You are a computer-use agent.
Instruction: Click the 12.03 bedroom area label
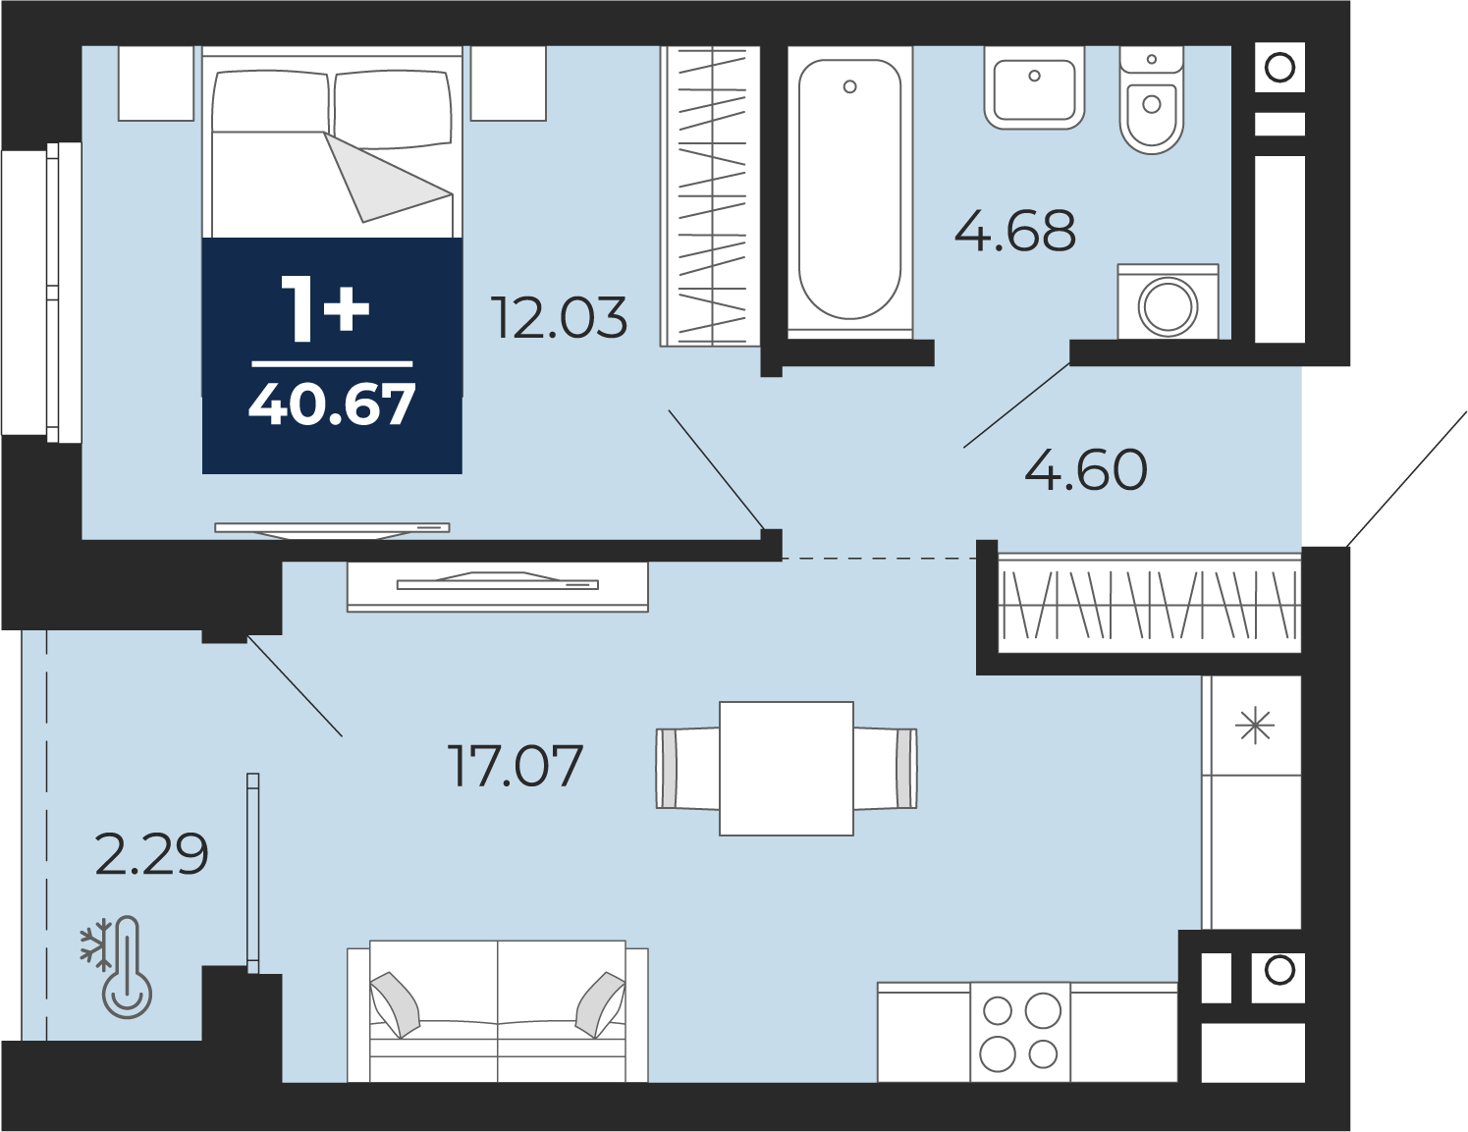tap(561, 317)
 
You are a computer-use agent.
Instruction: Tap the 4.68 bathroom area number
tap(1014, 232)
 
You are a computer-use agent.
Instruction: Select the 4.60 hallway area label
tap(1086, 470)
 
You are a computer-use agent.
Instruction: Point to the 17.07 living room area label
tap(516, 766)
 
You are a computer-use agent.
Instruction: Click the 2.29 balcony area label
tap(151, 854)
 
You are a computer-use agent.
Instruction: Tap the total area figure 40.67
tap(332, 404)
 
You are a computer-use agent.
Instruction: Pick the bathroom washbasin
tap(1034, 87)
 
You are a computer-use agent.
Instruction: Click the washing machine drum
tap(1169, 306)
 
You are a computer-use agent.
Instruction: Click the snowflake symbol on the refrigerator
tap(1255, 727)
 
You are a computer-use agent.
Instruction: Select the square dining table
tap(787, 769)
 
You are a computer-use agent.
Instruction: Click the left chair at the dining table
tap(687, 769)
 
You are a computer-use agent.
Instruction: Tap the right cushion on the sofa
tap(600, 1003)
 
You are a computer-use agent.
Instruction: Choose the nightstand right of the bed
tap(508, 83)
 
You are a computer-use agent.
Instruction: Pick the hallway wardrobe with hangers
tap(1149, 604)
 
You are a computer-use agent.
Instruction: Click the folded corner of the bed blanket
tap(385, 177)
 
